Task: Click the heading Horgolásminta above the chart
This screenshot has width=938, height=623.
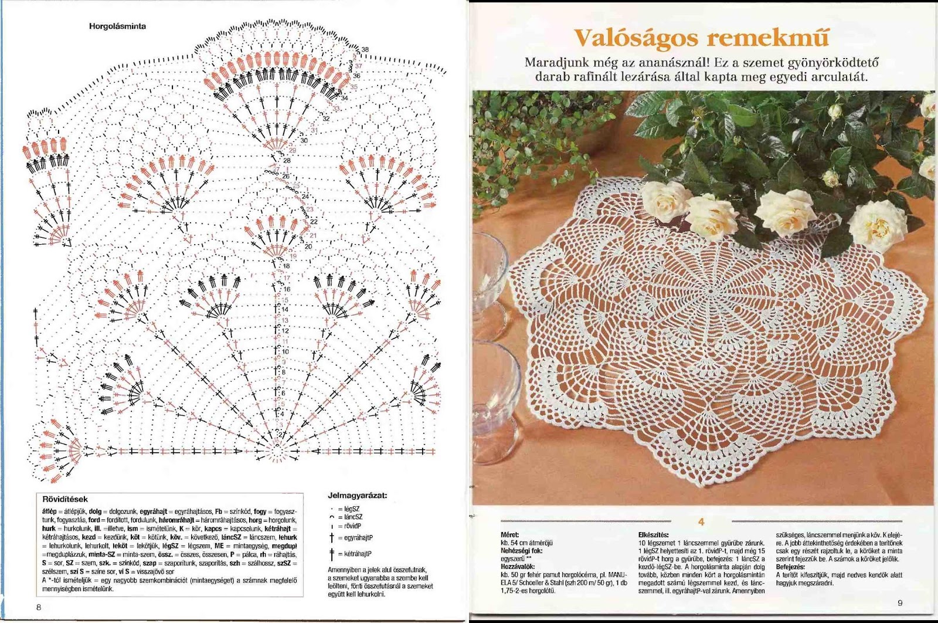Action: (x=117, y=26)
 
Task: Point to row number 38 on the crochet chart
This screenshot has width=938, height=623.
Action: (x=365, y=50)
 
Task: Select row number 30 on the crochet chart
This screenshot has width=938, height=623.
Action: (x=304, y=141)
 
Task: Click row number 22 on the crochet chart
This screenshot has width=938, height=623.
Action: (x=314, y=222)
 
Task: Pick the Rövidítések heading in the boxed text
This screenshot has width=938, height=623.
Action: (x=65, y=499)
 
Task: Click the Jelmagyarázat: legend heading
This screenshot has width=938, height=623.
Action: (x=357, y=496)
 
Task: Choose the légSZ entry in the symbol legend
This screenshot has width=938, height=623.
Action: (x=352, y=509)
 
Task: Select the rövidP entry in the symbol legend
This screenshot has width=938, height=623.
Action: (x=353, y=526)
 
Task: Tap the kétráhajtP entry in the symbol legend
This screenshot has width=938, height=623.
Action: (x=358, y=554)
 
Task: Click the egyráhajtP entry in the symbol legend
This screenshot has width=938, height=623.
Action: (x=358, y=537)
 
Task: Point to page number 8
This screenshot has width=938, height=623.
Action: (x=39, y=607)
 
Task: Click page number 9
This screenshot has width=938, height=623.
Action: (x=900, y=603)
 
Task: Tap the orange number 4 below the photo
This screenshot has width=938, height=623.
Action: (x=701, y=522)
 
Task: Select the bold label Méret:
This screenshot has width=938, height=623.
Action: (x=509, y=535)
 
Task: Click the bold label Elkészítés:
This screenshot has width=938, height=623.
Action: (x=653, y=535)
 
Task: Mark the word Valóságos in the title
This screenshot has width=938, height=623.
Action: (x=635, y=38)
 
